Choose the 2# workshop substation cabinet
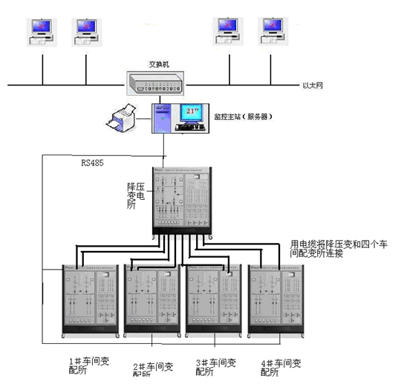click(151, 301)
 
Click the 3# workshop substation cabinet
click(213, 301)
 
